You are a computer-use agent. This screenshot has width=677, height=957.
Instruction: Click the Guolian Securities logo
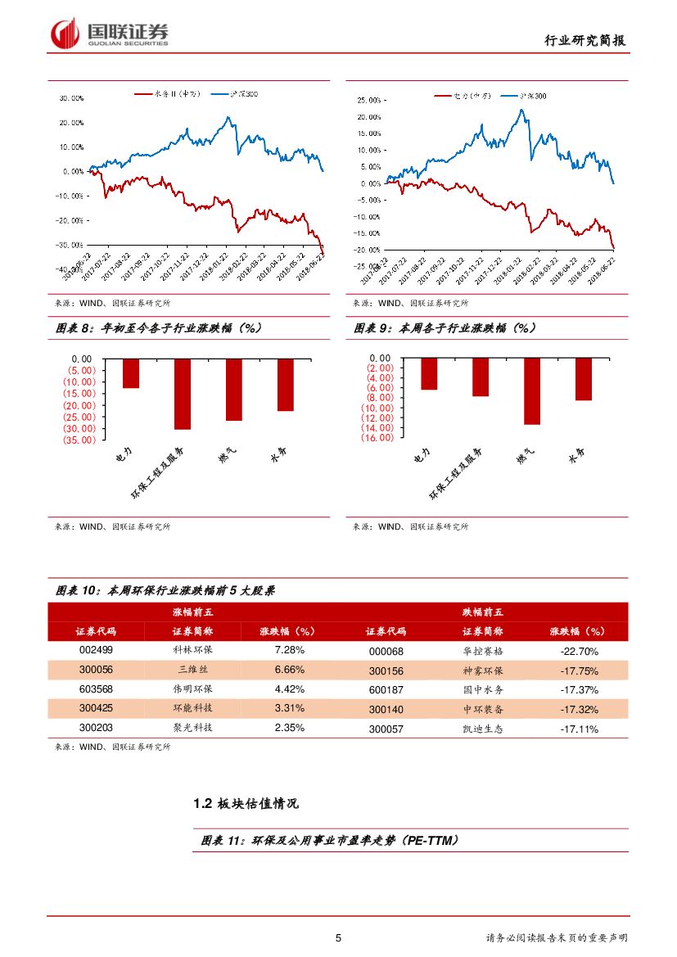pos(110,33)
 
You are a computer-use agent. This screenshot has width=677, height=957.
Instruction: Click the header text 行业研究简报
pos(589,40)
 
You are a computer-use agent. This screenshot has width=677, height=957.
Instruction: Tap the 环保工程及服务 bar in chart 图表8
pos(183,394)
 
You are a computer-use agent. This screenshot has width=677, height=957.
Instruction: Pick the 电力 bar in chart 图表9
pos(429,374)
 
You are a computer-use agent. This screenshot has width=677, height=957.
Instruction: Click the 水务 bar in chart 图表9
pos(583,379)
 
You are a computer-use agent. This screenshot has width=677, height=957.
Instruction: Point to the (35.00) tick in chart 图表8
pos(79,440)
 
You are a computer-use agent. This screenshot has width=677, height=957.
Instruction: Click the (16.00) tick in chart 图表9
pos(377,438)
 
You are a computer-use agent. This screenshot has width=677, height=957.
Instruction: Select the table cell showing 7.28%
pos(289,650)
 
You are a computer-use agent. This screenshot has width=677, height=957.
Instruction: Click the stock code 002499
pos(96,651)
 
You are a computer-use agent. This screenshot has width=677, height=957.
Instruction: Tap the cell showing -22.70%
pos(579,652)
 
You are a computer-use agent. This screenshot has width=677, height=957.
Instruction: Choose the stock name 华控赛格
pos(483,652)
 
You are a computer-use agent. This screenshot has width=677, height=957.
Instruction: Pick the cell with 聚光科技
pos(192,728)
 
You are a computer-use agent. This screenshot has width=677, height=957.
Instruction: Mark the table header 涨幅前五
pos(192,612)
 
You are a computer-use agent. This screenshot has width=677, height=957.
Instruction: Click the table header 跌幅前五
pos(483,612)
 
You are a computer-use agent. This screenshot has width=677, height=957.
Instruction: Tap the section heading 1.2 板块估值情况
pos(246,804)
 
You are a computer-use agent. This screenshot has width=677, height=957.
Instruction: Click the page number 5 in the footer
pos(338,938)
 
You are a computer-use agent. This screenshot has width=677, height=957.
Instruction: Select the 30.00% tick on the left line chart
pos(71,98)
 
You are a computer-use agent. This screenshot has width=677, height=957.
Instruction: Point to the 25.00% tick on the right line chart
pos(369,100)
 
